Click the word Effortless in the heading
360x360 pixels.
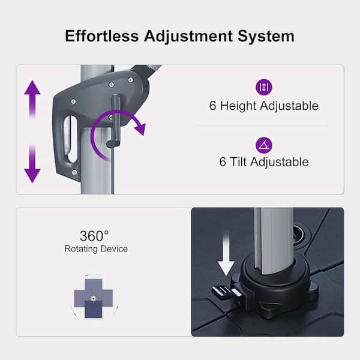(102, 36)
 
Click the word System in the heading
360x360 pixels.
(266, 37)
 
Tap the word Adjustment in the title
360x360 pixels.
(188, 37)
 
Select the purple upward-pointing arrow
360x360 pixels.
(32, 98)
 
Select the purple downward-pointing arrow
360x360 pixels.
(32, 164)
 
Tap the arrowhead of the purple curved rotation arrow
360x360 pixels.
(140, 129)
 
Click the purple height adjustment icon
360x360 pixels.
(264, 87)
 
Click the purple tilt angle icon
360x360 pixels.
(264, 145)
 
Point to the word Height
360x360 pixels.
(238, 106)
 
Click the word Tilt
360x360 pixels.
(238, 162)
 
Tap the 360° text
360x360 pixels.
(94, 236)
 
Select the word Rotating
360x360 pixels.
(81, 249)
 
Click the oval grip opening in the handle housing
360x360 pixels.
(70, 139)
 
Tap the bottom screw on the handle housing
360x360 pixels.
(74, 172)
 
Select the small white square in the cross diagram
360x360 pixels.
(94, 298)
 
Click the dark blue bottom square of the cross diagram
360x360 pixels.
(94, 310)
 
